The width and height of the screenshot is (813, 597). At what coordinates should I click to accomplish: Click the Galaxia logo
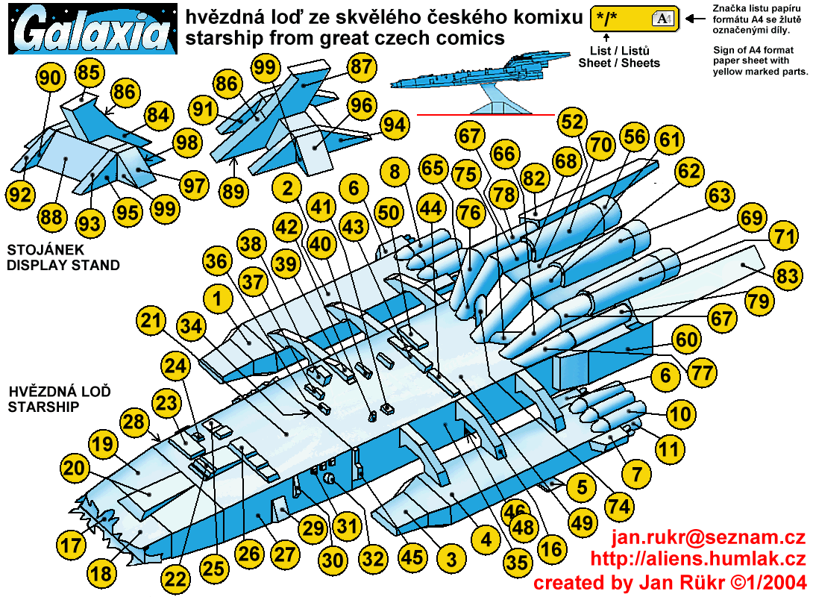[x=92, y=29]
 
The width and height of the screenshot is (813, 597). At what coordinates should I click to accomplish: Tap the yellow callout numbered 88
[x=52, y=217]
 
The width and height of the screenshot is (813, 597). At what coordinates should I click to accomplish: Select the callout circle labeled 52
[x=572, y=122]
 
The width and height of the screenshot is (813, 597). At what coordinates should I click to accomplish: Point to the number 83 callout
[x=788, y=275]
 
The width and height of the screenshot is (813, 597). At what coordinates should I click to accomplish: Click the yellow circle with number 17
[x=71, y=545]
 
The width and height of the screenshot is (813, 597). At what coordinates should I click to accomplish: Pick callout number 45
[x=412, y=557]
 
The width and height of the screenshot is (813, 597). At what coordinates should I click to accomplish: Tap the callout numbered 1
[x=218, y=299]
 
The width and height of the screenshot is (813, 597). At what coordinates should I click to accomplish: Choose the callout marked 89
[x=233, y=192]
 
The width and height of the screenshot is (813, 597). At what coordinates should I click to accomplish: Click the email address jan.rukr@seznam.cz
[x=709, y=537]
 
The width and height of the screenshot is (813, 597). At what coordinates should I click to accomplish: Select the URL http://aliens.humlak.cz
[x=698, y=559]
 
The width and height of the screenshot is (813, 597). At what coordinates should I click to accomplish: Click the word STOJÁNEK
[x=45, y=250]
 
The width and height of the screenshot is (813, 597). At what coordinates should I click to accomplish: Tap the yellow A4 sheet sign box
[x=635, y=19]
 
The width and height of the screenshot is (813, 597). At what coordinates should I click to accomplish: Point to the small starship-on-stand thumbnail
[x=480, y=82]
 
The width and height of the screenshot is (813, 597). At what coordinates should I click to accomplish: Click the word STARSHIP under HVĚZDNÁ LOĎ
[x=43, y=407]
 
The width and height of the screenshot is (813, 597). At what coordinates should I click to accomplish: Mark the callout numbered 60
[x=687, y=340]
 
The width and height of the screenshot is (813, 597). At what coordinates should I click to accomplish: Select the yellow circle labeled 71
[x=785, y=237]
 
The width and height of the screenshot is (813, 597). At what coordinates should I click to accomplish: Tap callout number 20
[x=74, y=468]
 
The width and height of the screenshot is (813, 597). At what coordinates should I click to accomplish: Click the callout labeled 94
[x=395, y=125]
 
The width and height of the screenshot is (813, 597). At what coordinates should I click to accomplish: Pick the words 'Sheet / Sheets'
[x=619, y=63]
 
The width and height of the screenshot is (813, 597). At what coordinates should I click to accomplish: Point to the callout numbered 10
[x=680, y=414]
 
